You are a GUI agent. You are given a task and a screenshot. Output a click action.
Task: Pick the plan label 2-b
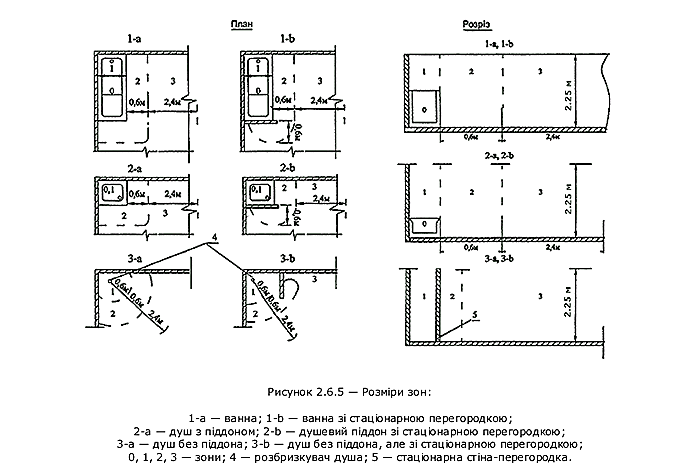tap(290, 168)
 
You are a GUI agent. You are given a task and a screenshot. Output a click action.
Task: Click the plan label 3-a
tap(134, 257)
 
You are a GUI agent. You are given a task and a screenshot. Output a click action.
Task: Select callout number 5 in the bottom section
tap(476, 313)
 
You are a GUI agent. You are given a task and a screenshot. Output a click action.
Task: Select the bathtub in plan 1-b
tap(259, 88)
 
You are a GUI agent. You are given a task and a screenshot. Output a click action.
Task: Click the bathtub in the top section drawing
tap(428, 105)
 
